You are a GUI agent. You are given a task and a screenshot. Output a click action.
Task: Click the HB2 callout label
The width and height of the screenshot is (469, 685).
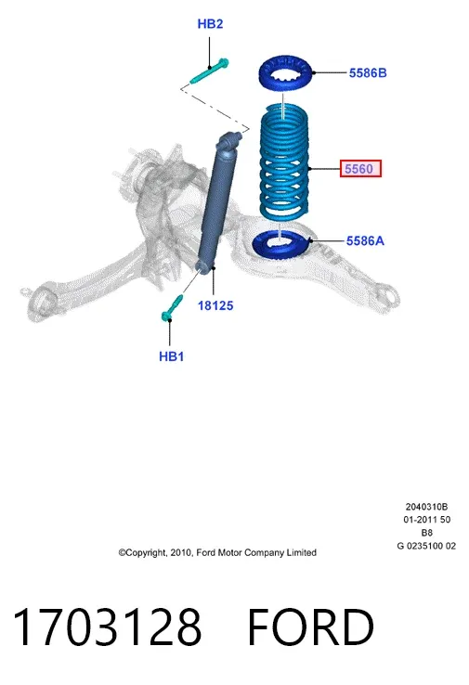click(x=210, y=23)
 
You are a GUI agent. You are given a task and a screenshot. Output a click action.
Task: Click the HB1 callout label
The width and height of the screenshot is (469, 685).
click(x=171, y=356)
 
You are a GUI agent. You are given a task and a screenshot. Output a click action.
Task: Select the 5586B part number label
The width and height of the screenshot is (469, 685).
click(x=368, y=73)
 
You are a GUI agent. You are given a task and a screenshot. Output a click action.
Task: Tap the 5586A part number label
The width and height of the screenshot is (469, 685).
click(x=365, y=240)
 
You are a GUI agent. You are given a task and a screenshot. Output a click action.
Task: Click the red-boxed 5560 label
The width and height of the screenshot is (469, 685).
click(x=360, y=169)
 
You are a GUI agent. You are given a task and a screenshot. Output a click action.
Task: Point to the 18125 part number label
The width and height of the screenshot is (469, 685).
click(x=215, y=305)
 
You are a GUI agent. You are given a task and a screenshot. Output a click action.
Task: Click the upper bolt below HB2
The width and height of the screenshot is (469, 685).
click(x=209, y=71)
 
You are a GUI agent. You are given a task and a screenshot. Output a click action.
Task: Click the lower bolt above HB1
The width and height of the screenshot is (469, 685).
click(x=172, y=308)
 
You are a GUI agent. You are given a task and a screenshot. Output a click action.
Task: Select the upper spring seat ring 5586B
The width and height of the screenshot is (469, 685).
click(x=285, y=73)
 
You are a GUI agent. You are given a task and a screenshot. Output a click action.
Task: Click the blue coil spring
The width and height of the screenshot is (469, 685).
click(x=284, y=161)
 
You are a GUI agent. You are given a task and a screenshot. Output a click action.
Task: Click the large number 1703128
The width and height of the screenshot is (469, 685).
click(x=108, y=627)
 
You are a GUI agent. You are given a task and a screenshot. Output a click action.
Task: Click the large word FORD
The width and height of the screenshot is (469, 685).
click(x=311, y=627)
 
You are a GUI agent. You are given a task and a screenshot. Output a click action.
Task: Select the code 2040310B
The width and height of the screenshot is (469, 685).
click(x=426, y=507)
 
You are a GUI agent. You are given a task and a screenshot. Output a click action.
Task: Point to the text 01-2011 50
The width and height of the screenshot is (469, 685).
click(x=426, y=520)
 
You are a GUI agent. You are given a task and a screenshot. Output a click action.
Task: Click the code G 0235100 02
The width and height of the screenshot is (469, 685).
click(x=426, y=546)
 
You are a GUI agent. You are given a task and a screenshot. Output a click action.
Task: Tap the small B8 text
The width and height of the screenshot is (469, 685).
click(x=426, y=533)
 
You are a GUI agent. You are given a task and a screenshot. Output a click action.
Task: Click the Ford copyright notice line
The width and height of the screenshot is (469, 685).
click(x=217, y=552)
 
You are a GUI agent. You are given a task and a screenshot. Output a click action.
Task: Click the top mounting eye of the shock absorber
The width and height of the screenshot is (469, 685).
click(x=230, y=140)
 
